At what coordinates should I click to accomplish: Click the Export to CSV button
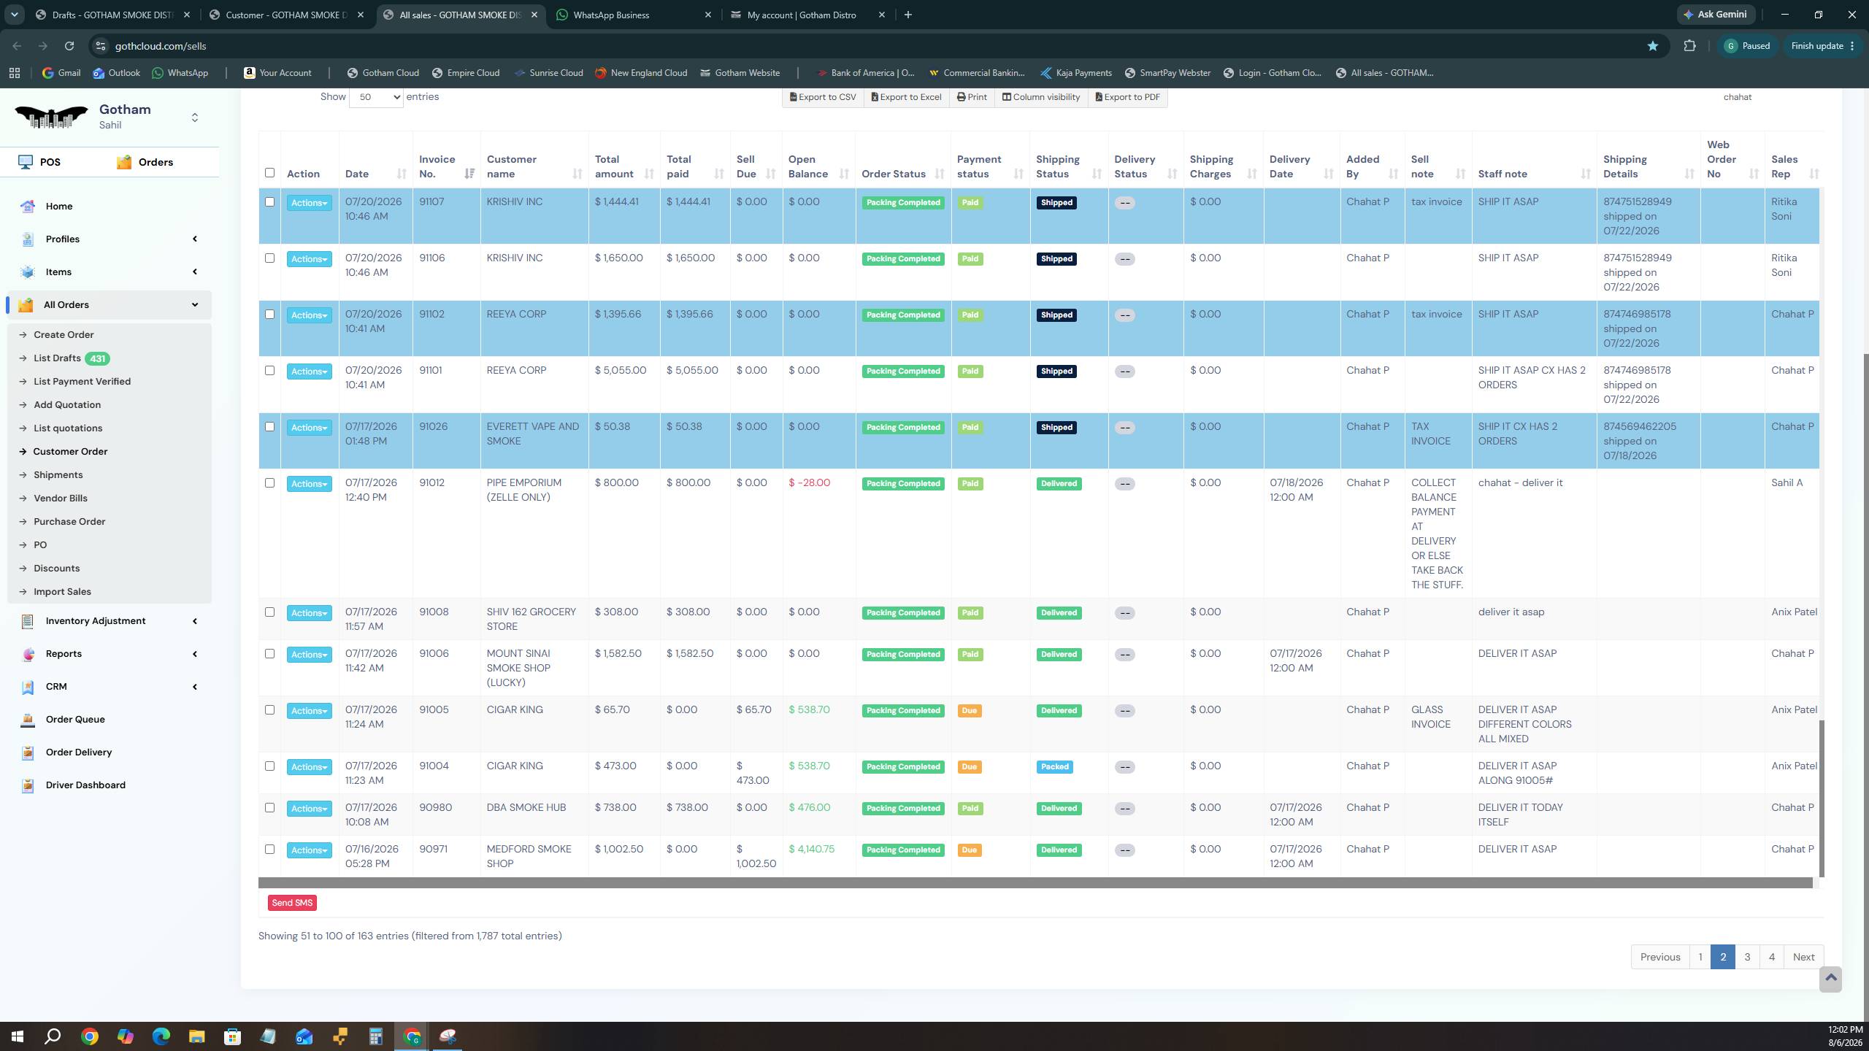823,97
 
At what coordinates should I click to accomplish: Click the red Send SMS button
292,903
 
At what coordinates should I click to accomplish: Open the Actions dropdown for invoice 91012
309,484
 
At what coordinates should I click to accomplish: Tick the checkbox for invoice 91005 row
269,709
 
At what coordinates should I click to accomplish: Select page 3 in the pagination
1747,957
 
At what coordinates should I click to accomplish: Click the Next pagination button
1803,957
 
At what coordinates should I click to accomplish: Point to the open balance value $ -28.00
809,482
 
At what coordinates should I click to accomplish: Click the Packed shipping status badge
1054,766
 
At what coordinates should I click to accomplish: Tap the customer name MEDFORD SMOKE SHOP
529,856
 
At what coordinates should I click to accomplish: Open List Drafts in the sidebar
57,358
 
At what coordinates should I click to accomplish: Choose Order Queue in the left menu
75,720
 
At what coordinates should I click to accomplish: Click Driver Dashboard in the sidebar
85,785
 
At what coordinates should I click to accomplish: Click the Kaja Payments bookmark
1076,73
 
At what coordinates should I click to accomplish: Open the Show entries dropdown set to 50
376,97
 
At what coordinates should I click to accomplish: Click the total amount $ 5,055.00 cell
621,370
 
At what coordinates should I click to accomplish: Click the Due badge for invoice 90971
969,850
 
